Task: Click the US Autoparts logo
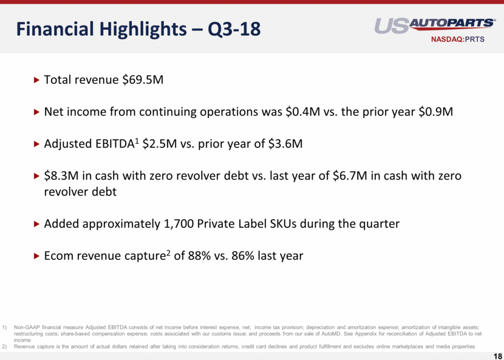(435, 25)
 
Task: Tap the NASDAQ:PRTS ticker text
(458, 39)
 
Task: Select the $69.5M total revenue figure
(143, 80)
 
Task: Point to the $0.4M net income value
(301, 112)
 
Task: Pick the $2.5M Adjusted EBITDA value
(160, 144)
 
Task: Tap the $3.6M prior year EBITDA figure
(285, 144)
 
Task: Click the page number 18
(497, 355)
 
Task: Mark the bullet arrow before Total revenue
(36, 80)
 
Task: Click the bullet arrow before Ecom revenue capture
(36, 256)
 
